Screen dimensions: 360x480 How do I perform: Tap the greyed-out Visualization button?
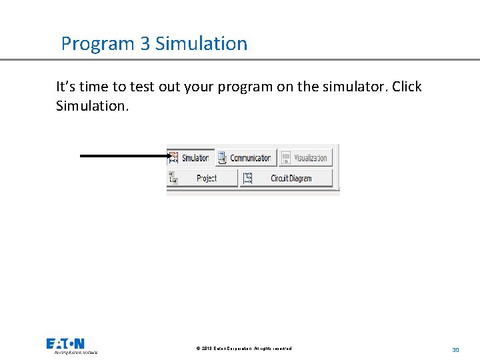pos(305,158)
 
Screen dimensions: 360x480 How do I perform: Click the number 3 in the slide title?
pos(145,44)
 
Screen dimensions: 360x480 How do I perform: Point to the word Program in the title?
pos(97,44)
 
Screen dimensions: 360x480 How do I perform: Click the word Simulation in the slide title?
pos(201,44)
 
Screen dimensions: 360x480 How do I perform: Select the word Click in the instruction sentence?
pos(407,87)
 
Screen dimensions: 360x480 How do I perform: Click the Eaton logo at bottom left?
pos(65,344)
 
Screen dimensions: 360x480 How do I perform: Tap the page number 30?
pos(455,349)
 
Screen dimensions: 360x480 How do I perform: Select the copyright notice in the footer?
pos(244,349)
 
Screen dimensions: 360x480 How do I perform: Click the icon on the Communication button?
pos(222,158)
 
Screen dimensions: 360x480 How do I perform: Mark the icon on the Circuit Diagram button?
pos(248,178)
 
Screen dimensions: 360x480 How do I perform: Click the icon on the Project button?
pos(173,178)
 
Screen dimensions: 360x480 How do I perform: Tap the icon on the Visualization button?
pos(286,158)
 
